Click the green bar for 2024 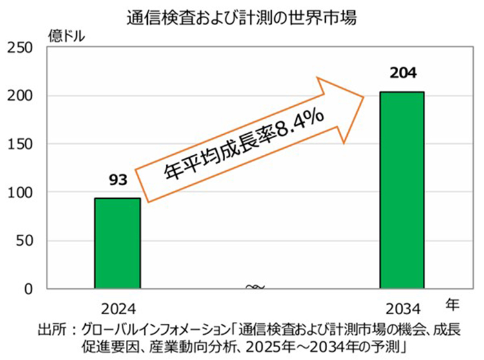click(x=117, y=243)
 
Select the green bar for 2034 click(x=401, y=190)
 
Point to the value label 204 click(x=401, y=73)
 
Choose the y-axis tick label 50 click(x=27, y=241)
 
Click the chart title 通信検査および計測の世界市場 click(x=242, y=14)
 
